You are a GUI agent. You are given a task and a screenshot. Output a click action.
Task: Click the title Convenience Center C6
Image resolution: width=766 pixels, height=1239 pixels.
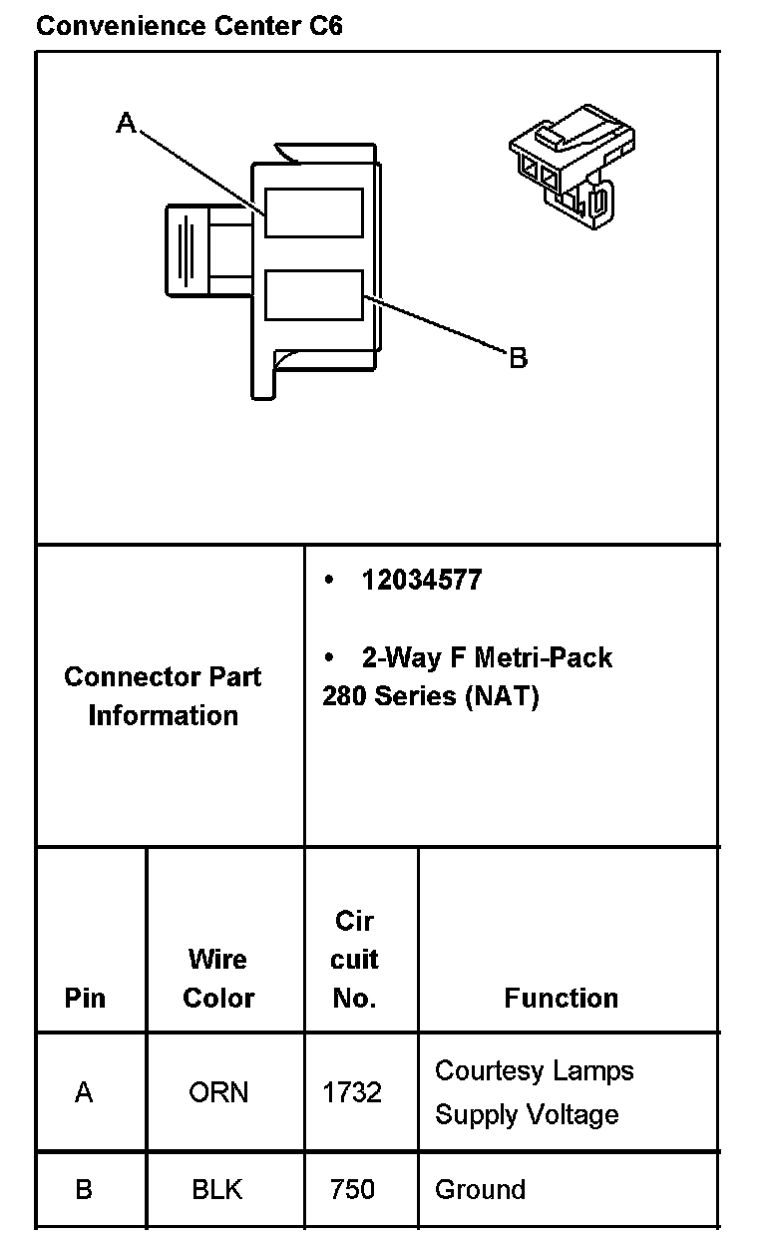coord(189,26)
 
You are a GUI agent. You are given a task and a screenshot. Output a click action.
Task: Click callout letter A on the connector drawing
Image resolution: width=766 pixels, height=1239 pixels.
coord(126,123)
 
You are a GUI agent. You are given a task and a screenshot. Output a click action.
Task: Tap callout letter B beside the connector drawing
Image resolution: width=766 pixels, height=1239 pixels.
coord(518,357)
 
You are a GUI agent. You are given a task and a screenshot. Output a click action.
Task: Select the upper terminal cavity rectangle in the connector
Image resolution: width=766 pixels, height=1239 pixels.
coord(313,211)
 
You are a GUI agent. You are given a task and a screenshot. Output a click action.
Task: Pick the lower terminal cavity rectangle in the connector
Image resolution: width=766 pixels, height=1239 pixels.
coord(313,294)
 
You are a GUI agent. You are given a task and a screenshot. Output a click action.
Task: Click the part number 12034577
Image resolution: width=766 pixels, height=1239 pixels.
coord(421,581)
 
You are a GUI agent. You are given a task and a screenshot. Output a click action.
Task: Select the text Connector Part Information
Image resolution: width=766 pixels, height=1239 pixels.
coord(163,695)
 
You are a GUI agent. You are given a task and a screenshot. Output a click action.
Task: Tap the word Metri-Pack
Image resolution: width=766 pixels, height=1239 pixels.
coord(543,657)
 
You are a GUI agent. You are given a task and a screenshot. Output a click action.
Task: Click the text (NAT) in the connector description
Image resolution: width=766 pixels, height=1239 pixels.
coord(502,696)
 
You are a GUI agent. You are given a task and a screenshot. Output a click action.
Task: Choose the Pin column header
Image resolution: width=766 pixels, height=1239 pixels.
coord(85,998)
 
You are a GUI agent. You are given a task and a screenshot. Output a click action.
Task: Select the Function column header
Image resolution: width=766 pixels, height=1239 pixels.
coord(561,998)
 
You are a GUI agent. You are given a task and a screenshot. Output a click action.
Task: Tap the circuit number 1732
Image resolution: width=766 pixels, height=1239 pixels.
coord(352,1092)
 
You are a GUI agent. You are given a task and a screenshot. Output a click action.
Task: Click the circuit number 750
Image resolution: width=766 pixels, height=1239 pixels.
coord(352,1189)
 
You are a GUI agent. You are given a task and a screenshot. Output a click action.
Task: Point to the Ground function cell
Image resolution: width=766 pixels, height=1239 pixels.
coord(480,1189)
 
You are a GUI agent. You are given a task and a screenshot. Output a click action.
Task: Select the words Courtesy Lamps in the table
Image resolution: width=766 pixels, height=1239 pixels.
coord(534,1071)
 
